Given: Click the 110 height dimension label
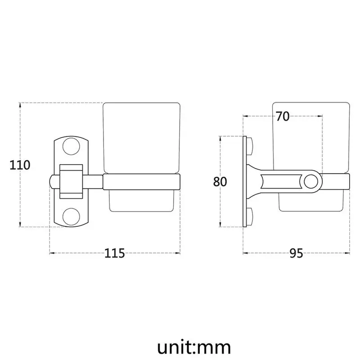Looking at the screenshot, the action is click(x=20, y=165).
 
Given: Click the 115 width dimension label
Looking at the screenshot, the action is click(x=115, y=253).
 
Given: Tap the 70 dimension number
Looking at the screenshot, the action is click(x=283, y=117).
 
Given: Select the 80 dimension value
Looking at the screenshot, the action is click(x=220, y=182).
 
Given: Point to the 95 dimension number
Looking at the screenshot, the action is click(x=296, y=253).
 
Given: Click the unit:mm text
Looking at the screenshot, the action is click(x=194, y=347).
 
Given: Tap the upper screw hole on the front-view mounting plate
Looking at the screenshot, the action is click(x=71, y=146).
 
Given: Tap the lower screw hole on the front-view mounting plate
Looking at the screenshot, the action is click(x=71, y=216).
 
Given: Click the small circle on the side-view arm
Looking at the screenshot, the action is click(x=311, y=181).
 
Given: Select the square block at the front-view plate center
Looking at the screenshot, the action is click(x=71, y=181).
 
